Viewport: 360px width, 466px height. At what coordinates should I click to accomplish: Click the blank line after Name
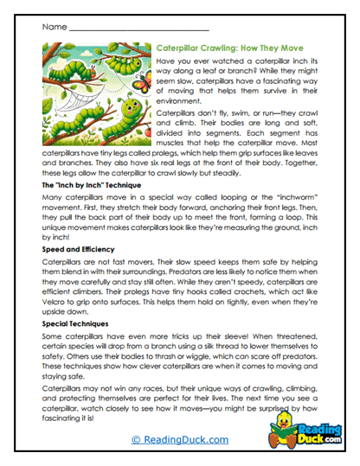click(x=130, y=30)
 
